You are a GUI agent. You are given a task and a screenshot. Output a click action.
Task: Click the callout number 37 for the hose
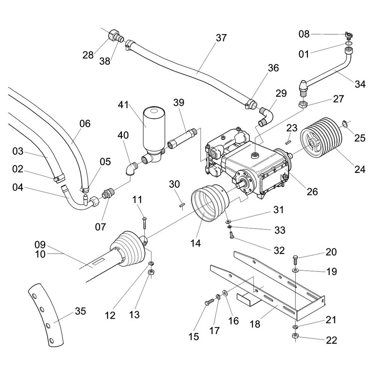(221, 38)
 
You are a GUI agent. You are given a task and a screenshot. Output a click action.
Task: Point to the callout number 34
(360, 84)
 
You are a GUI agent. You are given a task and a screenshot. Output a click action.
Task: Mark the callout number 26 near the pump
(312, 192)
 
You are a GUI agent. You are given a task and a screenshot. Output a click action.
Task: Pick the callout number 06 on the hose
(85, 123)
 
